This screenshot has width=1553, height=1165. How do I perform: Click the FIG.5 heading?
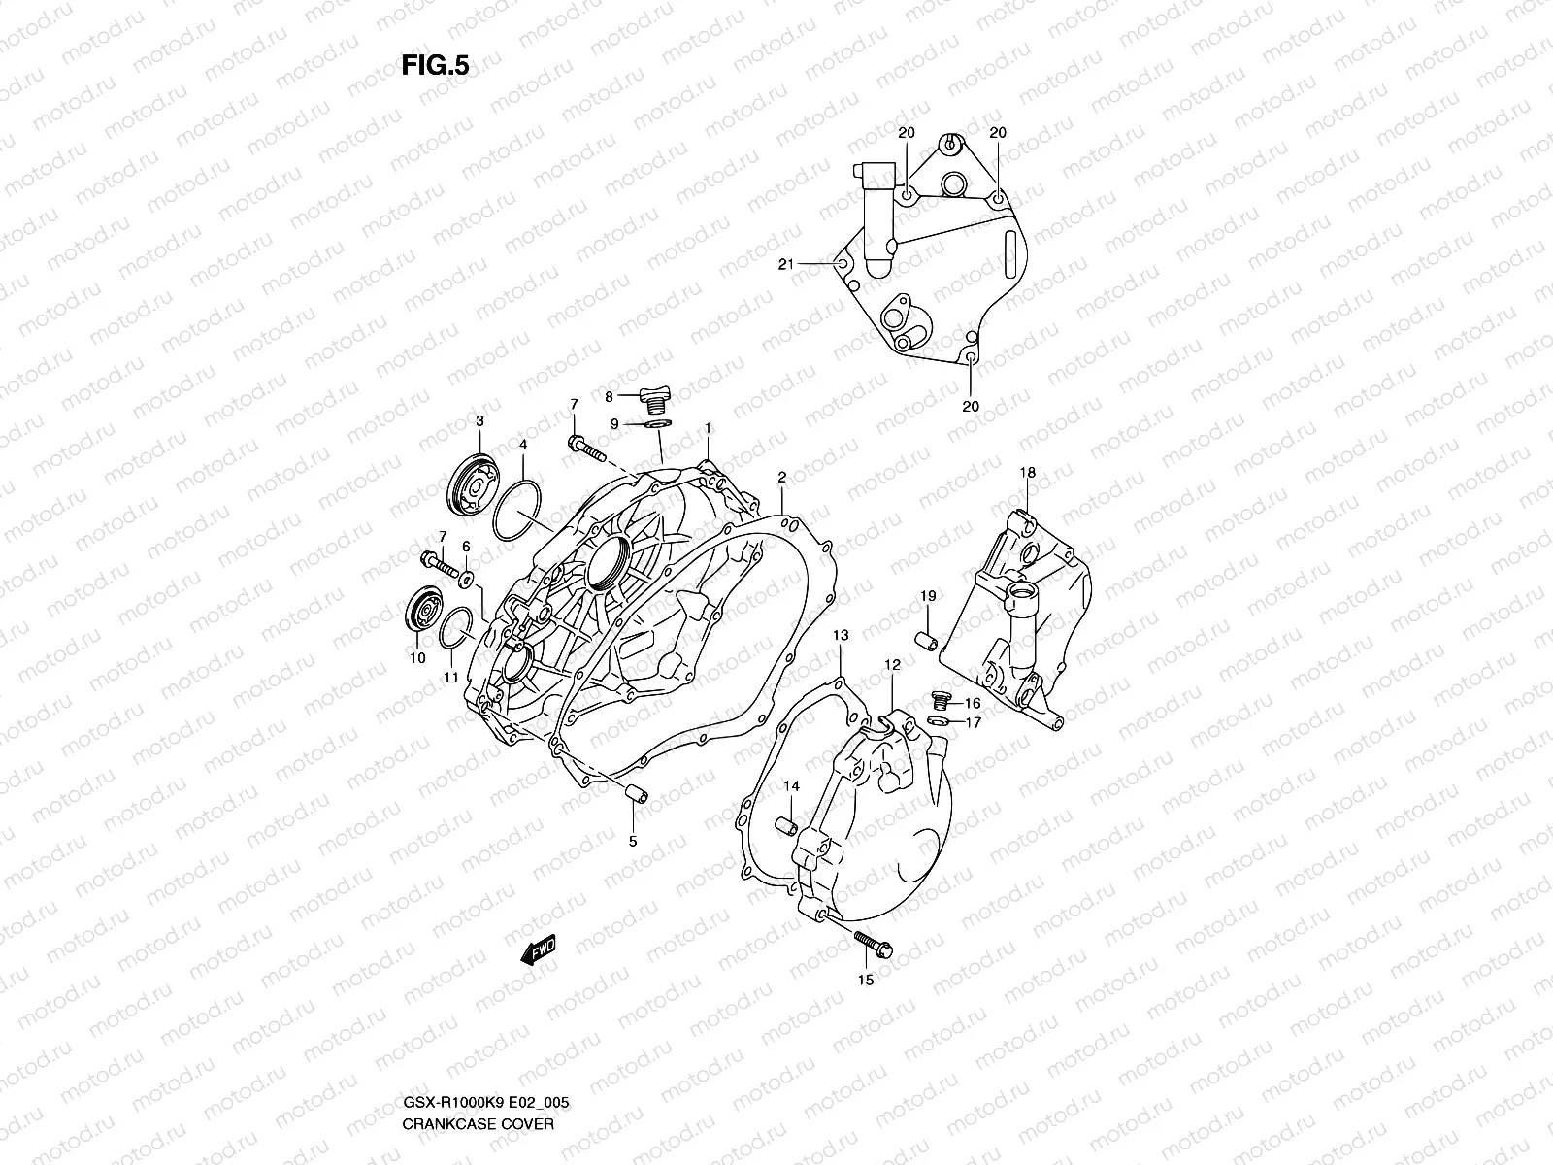coord(435,65)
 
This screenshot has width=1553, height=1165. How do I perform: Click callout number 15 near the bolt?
coord(866,980)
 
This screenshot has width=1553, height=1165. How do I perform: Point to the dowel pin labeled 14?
coord(786,827)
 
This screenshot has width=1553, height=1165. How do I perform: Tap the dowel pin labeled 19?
coord(927,641)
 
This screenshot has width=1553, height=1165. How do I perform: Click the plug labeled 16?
coord(940,700)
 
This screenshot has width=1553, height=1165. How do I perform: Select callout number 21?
coord(786,263)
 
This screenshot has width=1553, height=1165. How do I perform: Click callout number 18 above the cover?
coord(1027,473)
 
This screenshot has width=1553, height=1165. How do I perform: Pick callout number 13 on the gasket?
coord(841,635)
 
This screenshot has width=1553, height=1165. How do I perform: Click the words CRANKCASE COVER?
coord(478,1124)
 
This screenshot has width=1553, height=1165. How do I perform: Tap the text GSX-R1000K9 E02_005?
coord(485,1104)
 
